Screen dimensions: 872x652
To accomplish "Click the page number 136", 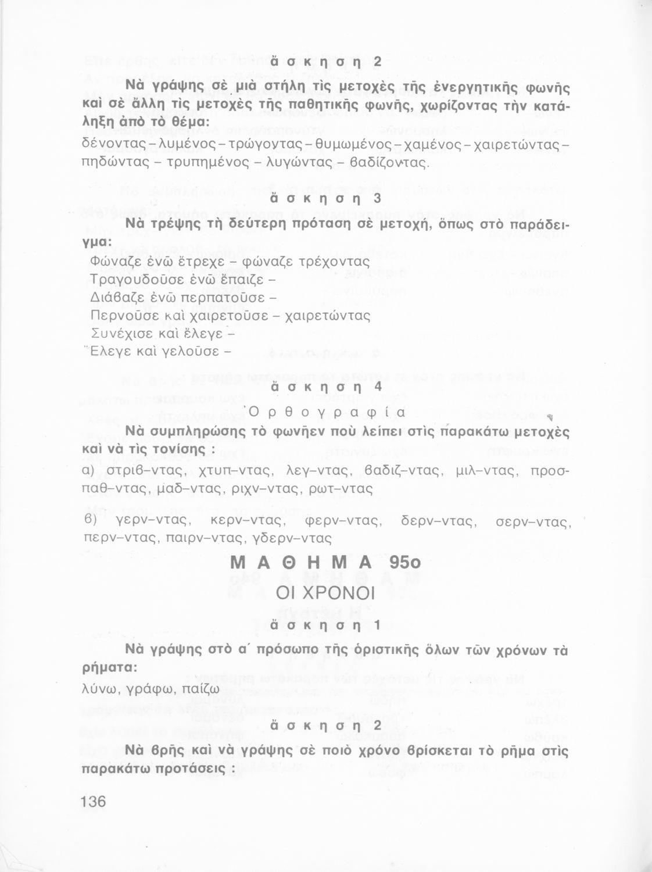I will point(94,802).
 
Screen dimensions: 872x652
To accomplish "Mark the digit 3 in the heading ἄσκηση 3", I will point(377,199).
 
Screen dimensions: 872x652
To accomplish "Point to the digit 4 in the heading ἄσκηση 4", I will point(378,386).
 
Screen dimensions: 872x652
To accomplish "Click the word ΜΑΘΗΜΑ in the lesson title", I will point(300,563).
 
